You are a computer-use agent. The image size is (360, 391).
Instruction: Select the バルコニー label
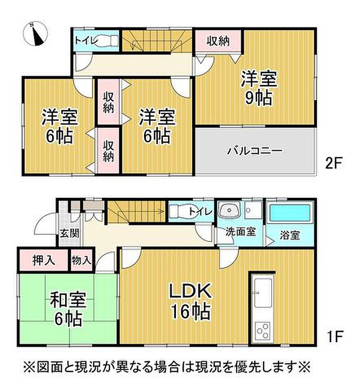pyautogui.click(x=255, y=151)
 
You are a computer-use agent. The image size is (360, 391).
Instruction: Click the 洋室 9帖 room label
pyautogui.click(x=259, y=88)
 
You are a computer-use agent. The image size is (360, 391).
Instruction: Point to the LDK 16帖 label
pyautogui.click(x=191, y=301)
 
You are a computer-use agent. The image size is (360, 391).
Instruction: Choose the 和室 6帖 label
pyautogui.click(x=68, y=309)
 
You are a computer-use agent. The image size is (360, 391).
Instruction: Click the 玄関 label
pyautogui.click(x=70, y=233)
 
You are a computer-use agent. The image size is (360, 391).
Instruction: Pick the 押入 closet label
pyautogui.click(x=44, y=261)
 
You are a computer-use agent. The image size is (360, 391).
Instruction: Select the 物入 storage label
pyautogui.click(x=81, y=261)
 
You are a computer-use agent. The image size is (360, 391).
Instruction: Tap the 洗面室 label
pyautogui.click(x=240, y=232)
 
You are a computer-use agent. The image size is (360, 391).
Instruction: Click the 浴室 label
pyautogui.click(x=290, y=235)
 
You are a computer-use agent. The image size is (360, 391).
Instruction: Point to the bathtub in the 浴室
pyautogui.click(x=290, y=213)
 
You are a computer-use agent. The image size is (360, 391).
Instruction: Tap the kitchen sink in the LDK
pyautogui.click(x=263, y=293)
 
